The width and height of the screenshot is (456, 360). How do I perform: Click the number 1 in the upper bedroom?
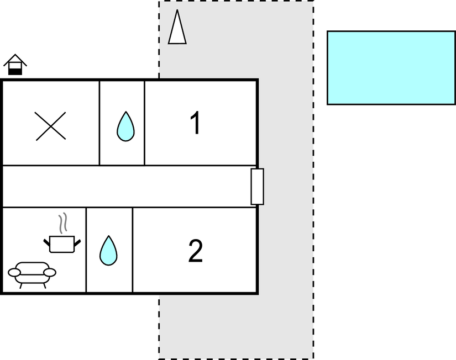tap(195, 123)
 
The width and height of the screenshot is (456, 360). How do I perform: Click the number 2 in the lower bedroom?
tap(196, 251)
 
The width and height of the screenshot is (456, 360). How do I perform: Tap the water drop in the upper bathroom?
tap(125, 126)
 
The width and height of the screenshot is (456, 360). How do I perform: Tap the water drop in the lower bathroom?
tap(108, 251)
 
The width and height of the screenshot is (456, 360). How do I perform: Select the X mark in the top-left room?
tap(51, 126)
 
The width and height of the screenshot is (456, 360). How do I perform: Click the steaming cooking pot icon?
tap(62, 243)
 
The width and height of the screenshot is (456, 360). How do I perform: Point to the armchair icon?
tap(32, 273)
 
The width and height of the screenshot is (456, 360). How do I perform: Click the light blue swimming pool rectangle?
tap(391, 67)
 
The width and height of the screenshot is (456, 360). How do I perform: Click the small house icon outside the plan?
tap(15, 65)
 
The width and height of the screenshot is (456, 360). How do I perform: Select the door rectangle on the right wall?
tap(257, 187)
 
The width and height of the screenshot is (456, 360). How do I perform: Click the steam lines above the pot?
tap(63, 223)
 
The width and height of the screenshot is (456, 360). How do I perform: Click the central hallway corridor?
tap(127, 186)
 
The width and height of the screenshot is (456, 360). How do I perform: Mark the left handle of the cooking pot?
tap(46, 241)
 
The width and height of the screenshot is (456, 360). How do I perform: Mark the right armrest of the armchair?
tap(50, 272)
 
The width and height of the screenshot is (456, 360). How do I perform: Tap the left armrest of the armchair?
tap(14, 272)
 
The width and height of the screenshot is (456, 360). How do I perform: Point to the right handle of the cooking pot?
tap(77, 241)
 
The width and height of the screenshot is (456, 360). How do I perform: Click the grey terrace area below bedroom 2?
tap(235, 326)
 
